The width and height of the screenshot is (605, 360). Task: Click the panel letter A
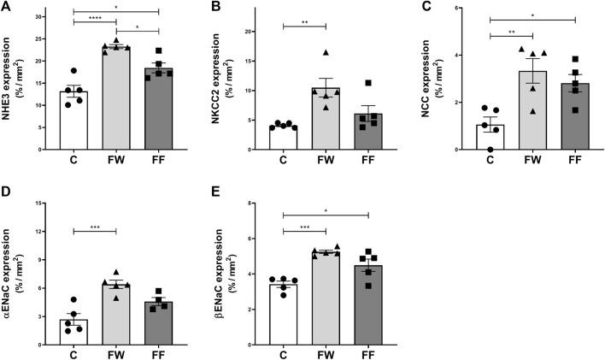[x=6, y=7]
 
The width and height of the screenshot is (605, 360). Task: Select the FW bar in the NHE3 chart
[x=116, y=98]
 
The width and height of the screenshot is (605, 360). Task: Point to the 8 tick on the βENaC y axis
[x=253, y=204]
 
